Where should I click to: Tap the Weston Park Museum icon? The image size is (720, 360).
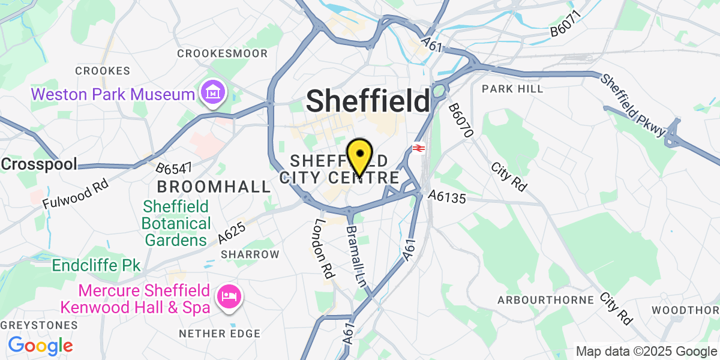(x=212, y=94)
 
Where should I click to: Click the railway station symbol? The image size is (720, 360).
(x=419, y=148)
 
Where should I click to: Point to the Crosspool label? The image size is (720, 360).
(x=39, y=164)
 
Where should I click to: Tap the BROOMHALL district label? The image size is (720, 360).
(x=214, y=186)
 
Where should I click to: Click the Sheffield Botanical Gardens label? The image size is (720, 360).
(x=176, y=224)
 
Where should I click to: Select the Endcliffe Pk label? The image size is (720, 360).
(x=96, y=265)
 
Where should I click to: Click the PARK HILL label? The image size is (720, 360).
(x=512, y=89)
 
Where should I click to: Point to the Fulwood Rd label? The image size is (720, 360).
(x=76, y=191)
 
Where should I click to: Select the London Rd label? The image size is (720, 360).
(x=324, y=246)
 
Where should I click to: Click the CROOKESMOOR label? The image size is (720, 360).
(x=222, y=53)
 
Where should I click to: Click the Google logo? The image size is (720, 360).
(x=40, y=346)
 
